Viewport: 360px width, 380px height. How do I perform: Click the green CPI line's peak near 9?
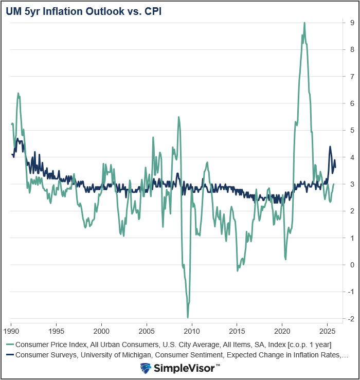pyautogui.click(x=304, y=23)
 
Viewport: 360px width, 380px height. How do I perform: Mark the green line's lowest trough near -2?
pyautogui.click(x=188, y=317)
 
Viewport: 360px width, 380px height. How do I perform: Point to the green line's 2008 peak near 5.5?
pyautogui.click(x=178, y=117)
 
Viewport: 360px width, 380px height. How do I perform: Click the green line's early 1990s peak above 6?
pyautogui.click(x=18, y=94)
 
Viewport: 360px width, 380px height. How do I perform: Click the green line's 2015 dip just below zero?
pyautogui.click(x=237, y=270)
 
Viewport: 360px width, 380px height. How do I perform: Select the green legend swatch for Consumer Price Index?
pyautogui.click(x=10, y=344)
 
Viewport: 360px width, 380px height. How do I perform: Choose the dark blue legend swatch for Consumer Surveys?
pyautogui.click(x=10, y=355)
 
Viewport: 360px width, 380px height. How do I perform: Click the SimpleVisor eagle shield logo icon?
pyautogui.click(x=146, y=368)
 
